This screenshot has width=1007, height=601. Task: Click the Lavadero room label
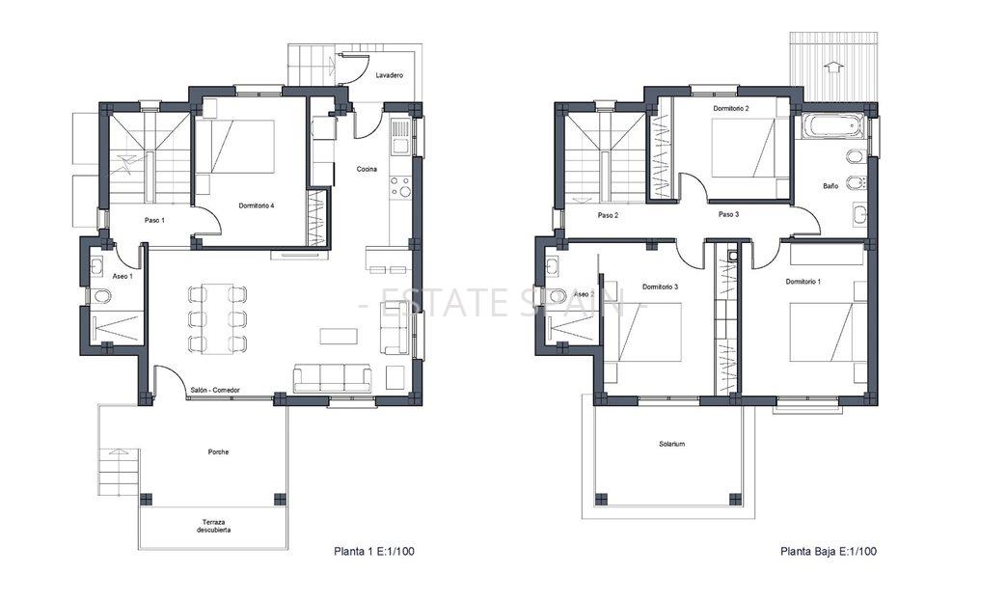[x=389, y=74]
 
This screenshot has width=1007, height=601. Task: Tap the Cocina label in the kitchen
[x=367, y=169]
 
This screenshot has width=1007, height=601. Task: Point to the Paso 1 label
[x=154, y=220]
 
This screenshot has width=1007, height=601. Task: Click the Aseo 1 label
[x=122, y=277]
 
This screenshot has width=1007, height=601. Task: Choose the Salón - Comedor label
[x=214, y=390]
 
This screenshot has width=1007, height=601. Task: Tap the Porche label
[x=218, y=451]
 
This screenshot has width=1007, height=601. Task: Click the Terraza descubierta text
[x=214, y=526]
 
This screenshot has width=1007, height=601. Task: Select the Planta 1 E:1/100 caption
[x=374, y=552]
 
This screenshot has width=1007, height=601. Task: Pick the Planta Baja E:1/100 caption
[x=828, y=552]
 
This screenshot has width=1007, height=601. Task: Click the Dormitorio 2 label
[x=731, y=109]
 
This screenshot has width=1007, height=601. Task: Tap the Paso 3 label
[x=728, y=214]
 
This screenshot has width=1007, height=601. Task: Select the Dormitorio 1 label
[x=803, y=282]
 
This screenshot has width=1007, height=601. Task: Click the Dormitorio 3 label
[x=660, y=287]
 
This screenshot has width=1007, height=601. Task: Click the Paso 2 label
[x=608, y=215]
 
